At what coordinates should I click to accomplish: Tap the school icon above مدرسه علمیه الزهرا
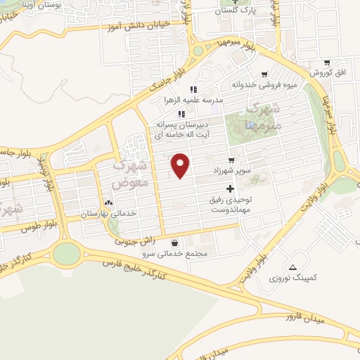[x=195, y=89]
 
